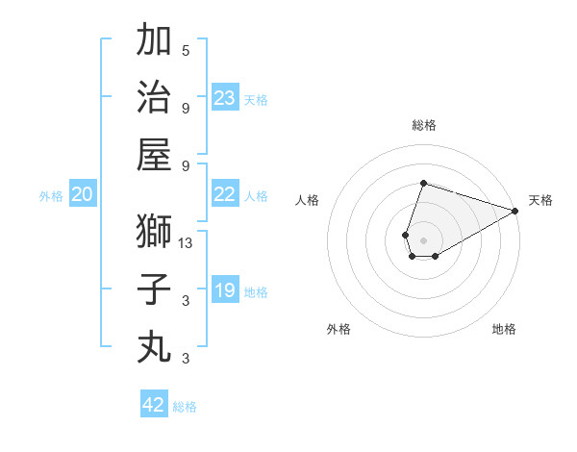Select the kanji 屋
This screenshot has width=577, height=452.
(154, 154)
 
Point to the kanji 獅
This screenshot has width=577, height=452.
(154, 232)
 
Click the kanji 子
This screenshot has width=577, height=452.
(154, 289)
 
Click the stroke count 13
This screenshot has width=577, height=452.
(187, 244)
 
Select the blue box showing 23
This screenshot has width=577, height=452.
(224, 97)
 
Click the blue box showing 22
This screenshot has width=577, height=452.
(224, 194)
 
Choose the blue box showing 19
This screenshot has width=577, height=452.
(224, 290)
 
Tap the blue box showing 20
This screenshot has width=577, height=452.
(82, 194)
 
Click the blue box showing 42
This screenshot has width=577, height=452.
(153, 405)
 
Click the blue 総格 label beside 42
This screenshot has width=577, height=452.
(185, 407)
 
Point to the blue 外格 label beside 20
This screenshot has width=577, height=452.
(51, 196)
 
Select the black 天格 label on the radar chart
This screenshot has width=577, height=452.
(540, 200)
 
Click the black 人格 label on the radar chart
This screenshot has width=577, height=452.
(307, 200)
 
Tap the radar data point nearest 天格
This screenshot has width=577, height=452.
(515, 212)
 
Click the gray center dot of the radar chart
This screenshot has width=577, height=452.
(423, 239)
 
